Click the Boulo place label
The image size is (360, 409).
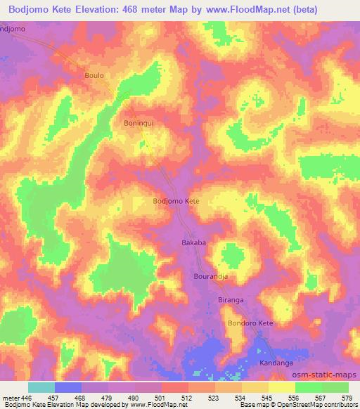click(x=94, y=75)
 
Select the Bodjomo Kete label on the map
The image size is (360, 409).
click(x=176, y=201)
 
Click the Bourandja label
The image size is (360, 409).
click(x=209, y=277)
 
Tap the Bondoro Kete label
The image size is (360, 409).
click(x=250, y=323)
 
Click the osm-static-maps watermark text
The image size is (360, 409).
click(x=325, y=375)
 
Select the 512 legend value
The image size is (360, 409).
click(x=188, y=398)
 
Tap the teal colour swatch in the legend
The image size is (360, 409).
click(x=41, y=387)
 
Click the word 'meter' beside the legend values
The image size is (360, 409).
click(x=9, y=398)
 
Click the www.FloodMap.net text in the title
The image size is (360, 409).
click(x=229, y=10)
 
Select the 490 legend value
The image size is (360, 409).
click(x=134, y=398)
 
